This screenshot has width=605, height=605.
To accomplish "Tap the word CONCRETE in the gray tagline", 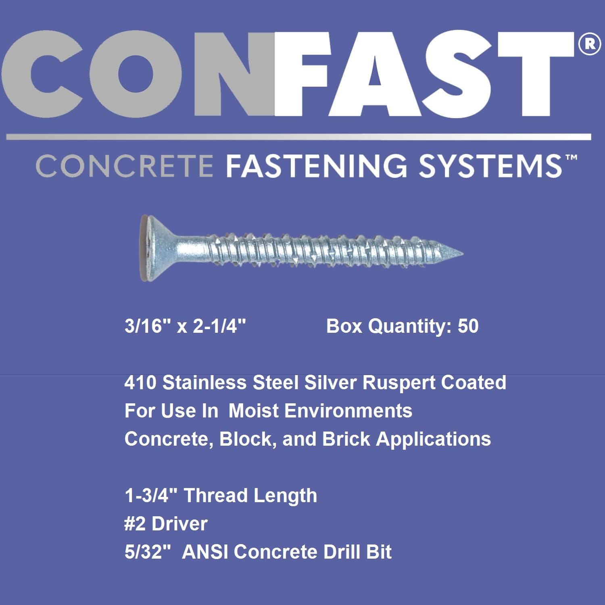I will click(x=124, y=166).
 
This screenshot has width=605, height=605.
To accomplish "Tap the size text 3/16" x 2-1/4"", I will click(x=185, y=326).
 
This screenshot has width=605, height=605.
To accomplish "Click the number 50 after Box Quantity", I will click(x=468, y=326).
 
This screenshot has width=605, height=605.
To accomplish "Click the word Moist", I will click(x=253, y=411).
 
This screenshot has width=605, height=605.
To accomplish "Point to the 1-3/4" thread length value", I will click(x=151, y=495).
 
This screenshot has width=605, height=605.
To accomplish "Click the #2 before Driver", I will click(x=135, y=524).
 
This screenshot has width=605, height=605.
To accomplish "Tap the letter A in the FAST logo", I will click(x=376, y=74).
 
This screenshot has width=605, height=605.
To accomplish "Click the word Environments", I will click(x=348, y=411).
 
